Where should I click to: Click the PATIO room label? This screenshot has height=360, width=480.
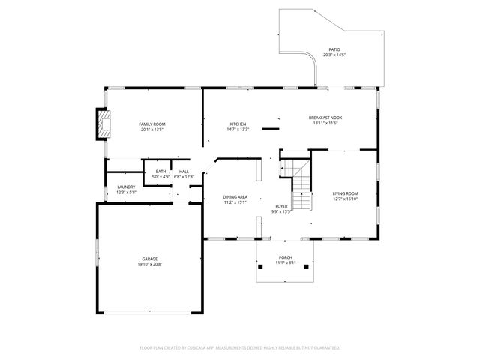334,49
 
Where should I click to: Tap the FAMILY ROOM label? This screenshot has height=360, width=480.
152,124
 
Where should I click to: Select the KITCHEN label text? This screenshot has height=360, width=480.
238,124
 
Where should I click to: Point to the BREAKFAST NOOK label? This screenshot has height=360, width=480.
325,118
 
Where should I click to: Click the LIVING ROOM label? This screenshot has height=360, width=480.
346,194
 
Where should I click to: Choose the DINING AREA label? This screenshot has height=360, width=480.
235,196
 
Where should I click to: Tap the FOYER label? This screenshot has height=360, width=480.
280,206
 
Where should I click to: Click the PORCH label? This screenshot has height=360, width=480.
286,257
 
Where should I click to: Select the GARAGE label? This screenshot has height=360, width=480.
150,259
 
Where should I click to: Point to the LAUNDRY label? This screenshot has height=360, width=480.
126,187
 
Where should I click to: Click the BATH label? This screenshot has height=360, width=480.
161,172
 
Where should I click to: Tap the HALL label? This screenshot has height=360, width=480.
184,172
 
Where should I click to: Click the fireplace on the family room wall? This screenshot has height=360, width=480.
102,125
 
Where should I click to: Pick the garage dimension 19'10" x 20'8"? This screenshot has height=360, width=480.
150,264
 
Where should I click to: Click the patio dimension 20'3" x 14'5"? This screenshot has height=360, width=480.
334,55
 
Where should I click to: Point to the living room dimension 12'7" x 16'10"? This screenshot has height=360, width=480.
346,199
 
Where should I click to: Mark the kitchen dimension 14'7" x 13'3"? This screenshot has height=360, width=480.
238,129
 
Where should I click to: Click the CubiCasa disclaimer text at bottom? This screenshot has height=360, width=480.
240,347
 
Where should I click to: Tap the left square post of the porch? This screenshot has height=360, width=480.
260,266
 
